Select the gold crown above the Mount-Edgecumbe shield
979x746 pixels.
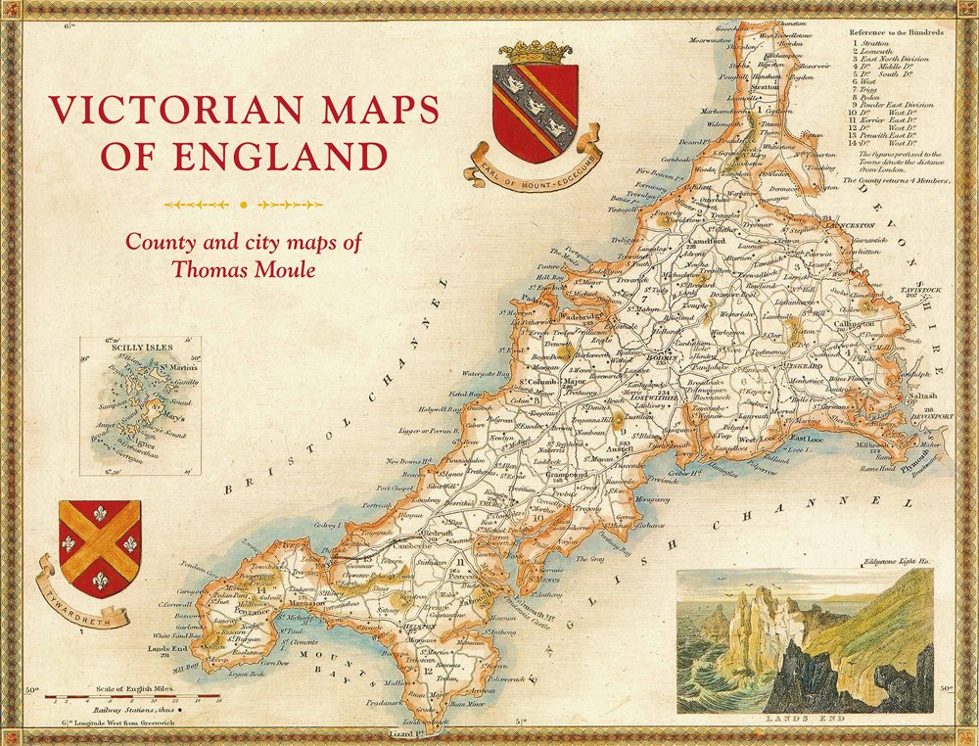(536, 52)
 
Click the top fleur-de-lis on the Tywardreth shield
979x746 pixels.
(100, 514)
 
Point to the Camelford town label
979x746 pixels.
(704, 240)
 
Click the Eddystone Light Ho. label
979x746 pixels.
(895, 562)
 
